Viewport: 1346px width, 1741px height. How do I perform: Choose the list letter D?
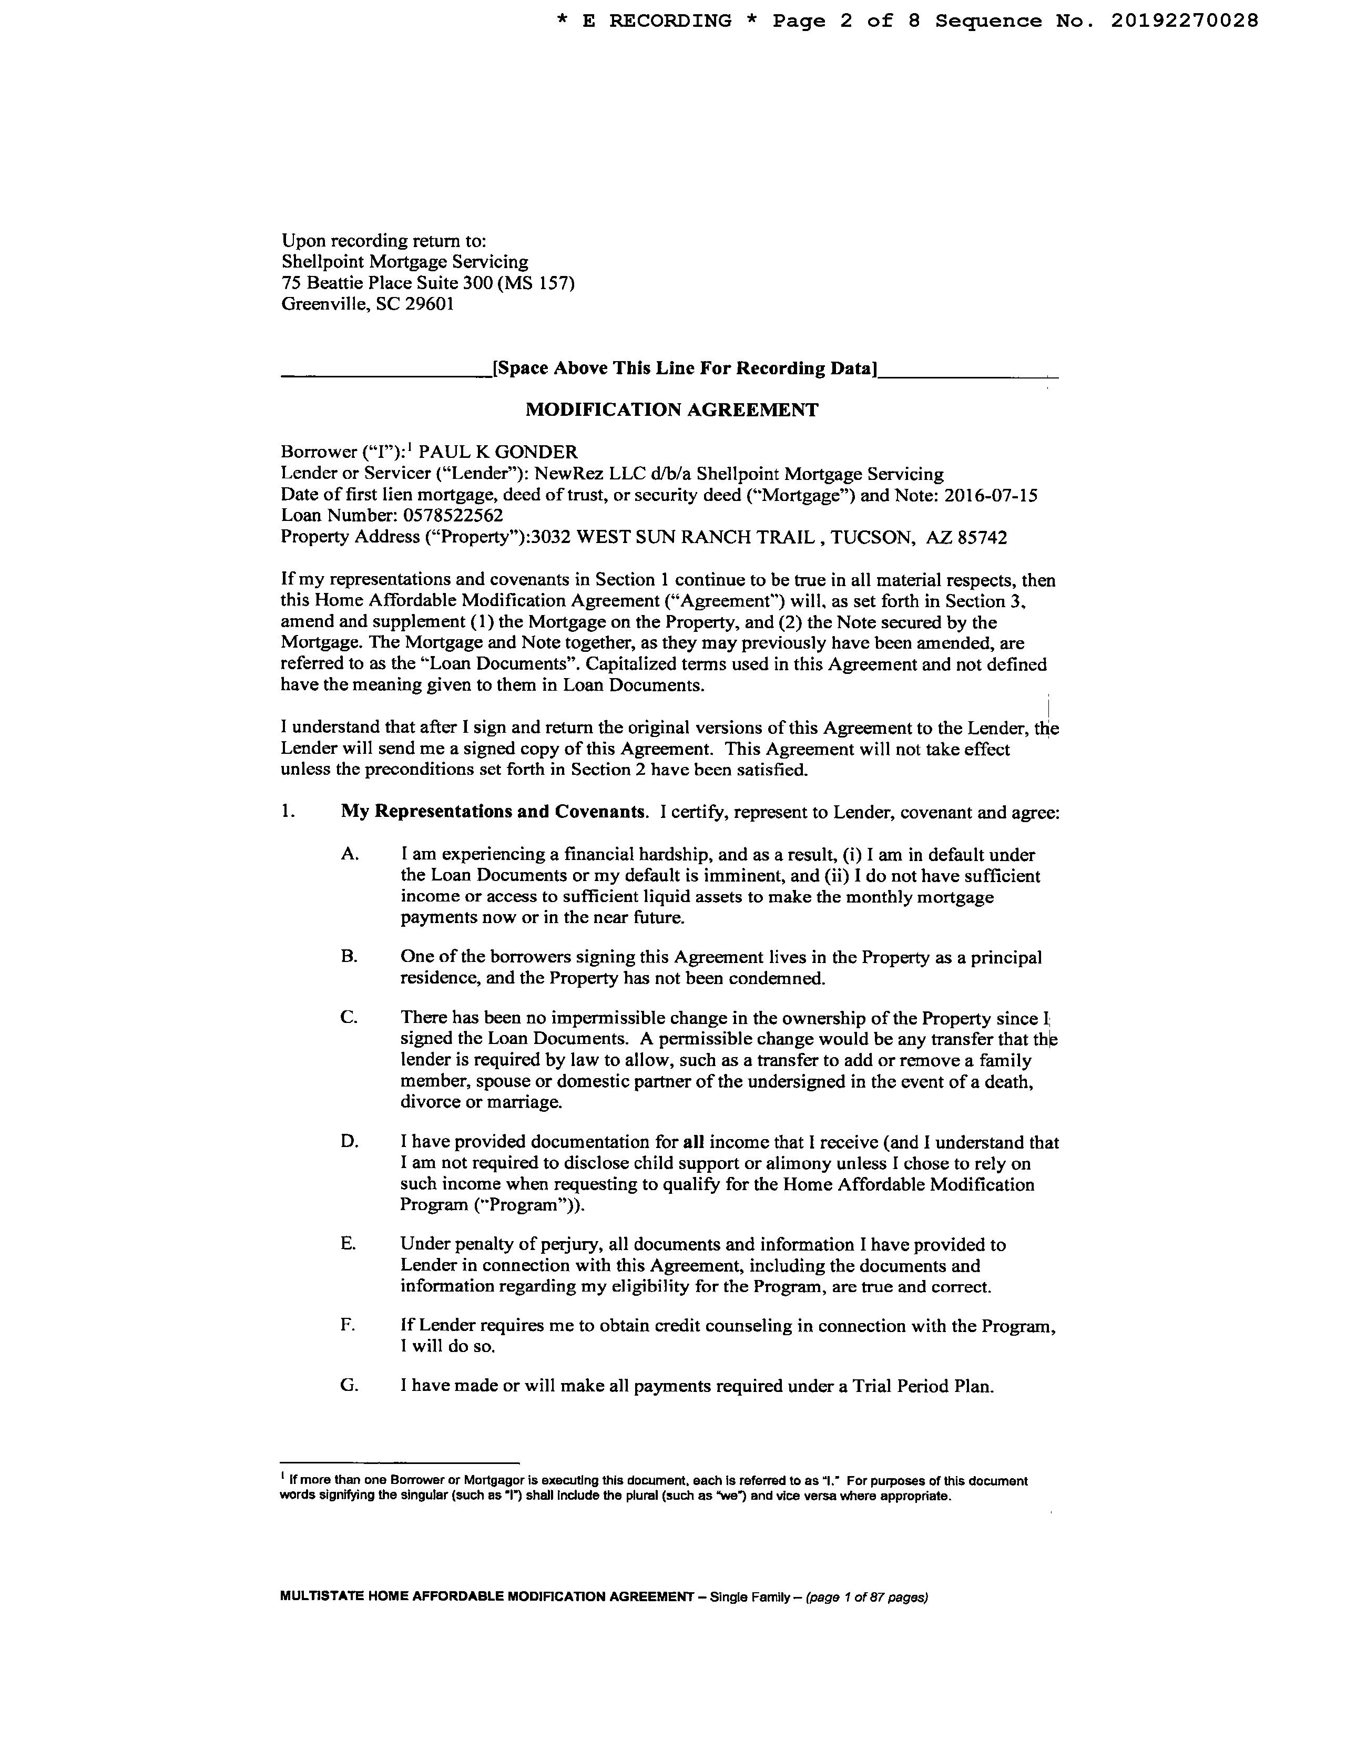(349, 1142)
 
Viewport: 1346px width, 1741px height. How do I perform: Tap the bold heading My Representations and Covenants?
(493, 812)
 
